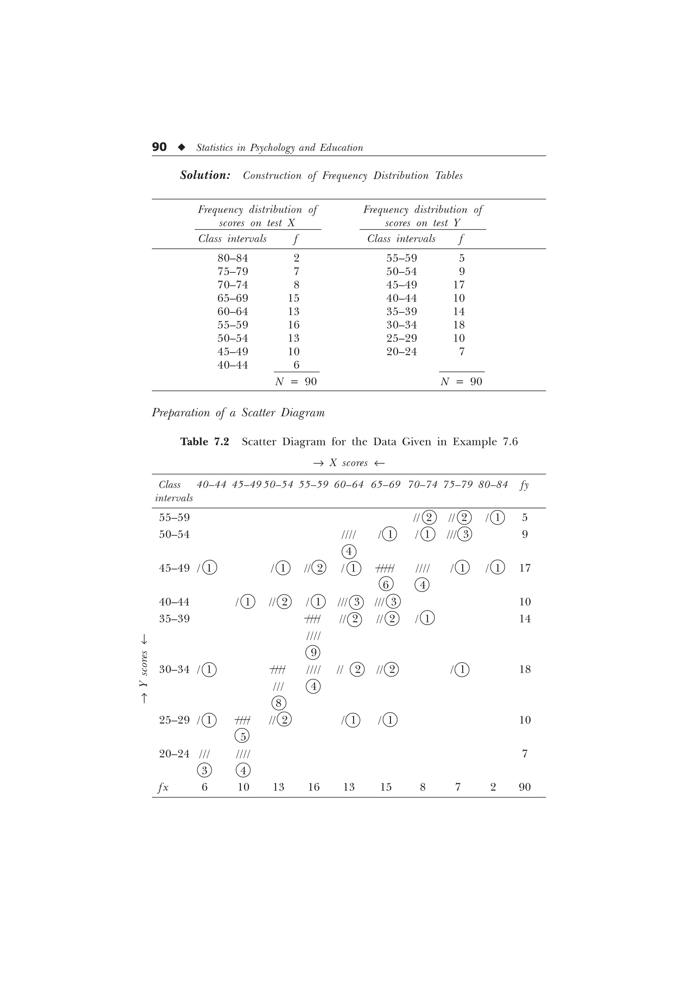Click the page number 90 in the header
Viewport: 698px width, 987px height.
click(159, 147)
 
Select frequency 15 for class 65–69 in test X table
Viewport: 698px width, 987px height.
click(293, 298)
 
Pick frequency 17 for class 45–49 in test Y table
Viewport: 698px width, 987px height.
click(458, 285)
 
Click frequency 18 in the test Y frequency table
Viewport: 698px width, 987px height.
click(458, 325)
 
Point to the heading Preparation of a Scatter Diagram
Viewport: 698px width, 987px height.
click(238, 413)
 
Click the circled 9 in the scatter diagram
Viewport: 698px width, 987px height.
click(313, 653)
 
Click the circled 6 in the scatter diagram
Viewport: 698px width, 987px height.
click(386, 585)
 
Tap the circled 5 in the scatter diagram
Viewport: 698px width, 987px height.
click(243, 737)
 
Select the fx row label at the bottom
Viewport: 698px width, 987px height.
click(163, 787)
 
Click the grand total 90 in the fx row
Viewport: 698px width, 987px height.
click(525, 787)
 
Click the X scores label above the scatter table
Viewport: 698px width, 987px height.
click(348, 463)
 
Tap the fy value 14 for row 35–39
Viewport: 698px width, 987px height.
click(525, 619)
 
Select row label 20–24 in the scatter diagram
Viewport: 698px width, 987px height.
click(174, 754)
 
